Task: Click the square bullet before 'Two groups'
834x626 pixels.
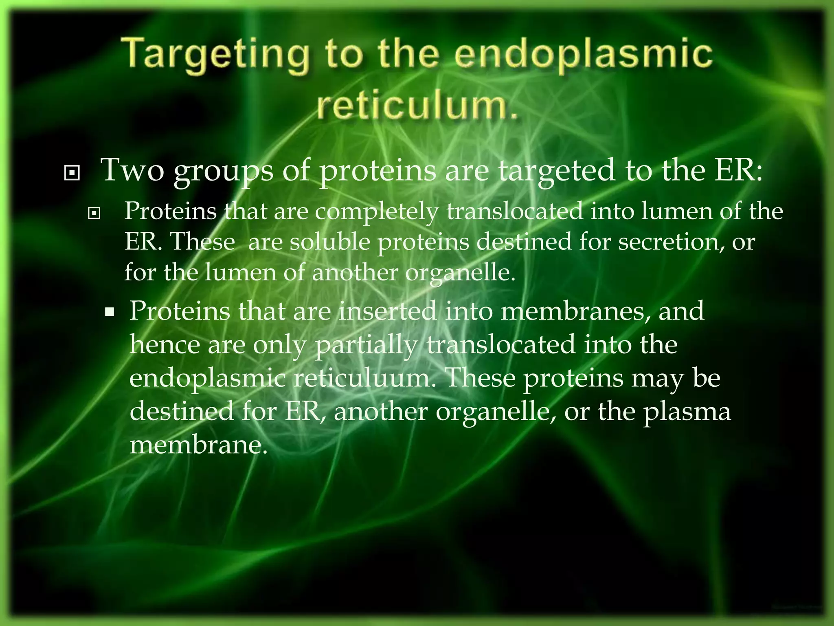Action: pos(72,173)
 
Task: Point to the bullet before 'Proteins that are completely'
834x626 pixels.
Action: pos(94,213)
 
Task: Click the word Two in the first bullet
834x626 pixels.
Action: pos(132,170)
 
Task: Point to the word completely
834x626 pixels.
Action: pos(377,212)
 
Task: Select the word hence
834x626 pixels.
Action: pos(165,345)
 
